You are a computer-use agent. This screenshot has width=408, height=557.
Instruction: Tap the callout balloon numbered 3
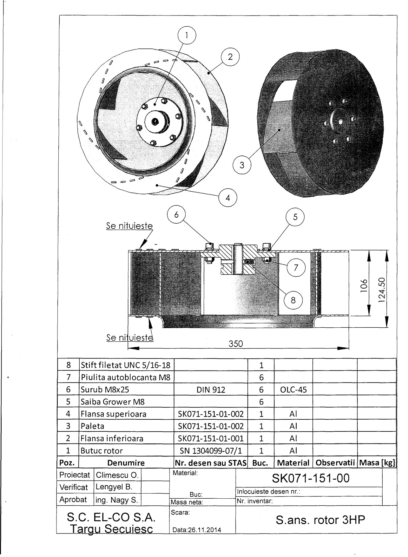[242, 165]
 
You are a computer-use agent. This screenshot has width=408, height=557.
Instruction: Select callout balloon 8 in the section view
[293, 300]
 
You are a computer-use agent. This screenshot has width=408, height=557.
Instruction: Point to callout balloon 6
[176, 215]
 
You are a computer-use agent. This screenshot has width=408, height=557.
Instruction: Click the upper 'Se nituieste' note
[129, 226]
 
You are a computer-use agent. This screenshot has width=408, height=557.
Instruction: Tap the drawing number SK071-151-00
[311, 478]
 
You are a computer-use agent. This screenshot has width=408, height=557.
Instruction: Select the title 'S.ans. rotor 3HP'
[320, 520]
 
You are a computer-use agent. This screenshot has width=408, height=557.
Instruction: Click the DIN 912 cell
[211, 390]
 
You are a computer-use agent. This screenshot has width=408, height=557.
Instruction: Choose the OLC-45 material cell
[293, 390]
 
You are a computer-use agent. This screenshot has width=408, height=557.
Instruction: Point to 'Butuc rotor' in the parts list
[102, 451]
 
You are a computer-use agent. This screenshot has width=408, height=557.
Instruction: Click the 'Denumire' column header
[126, 463]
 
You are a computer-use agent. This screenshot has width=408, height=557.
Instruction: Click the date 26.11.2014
[196, 530]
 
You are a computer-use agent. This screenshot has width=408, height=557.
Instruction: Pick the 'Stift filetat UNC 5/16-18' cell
[126, 365]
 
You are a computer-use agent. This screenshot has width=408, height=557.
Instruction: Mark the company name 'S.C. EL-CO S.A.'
[111, 517]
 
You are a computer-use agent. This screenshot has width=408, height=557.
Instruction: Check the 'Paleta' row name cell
[92, 426]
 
